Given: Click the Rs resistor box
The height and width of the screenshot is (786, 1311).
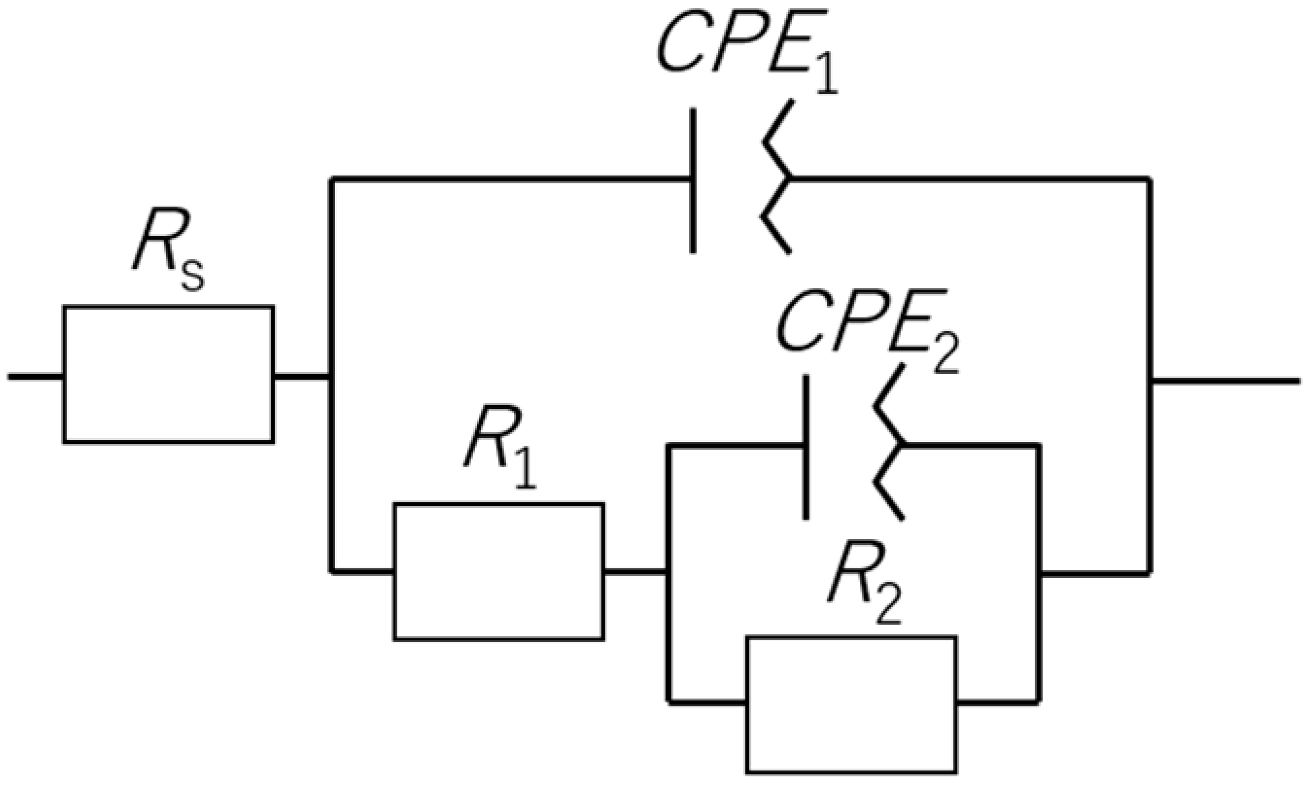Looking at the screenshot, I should [169, 374].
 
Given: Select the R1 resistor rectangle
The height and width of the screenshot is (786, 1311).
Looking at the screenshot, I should [498, 572].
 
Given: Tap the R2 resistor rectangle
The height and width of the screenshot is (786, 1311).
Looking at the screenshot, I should [851, 704].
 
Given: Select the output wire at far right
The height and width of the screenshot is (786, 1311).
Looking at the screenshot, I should [1225, 381].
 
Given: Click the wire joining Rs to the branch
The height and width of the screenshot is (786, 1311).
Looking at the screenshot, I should [302, 377].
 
